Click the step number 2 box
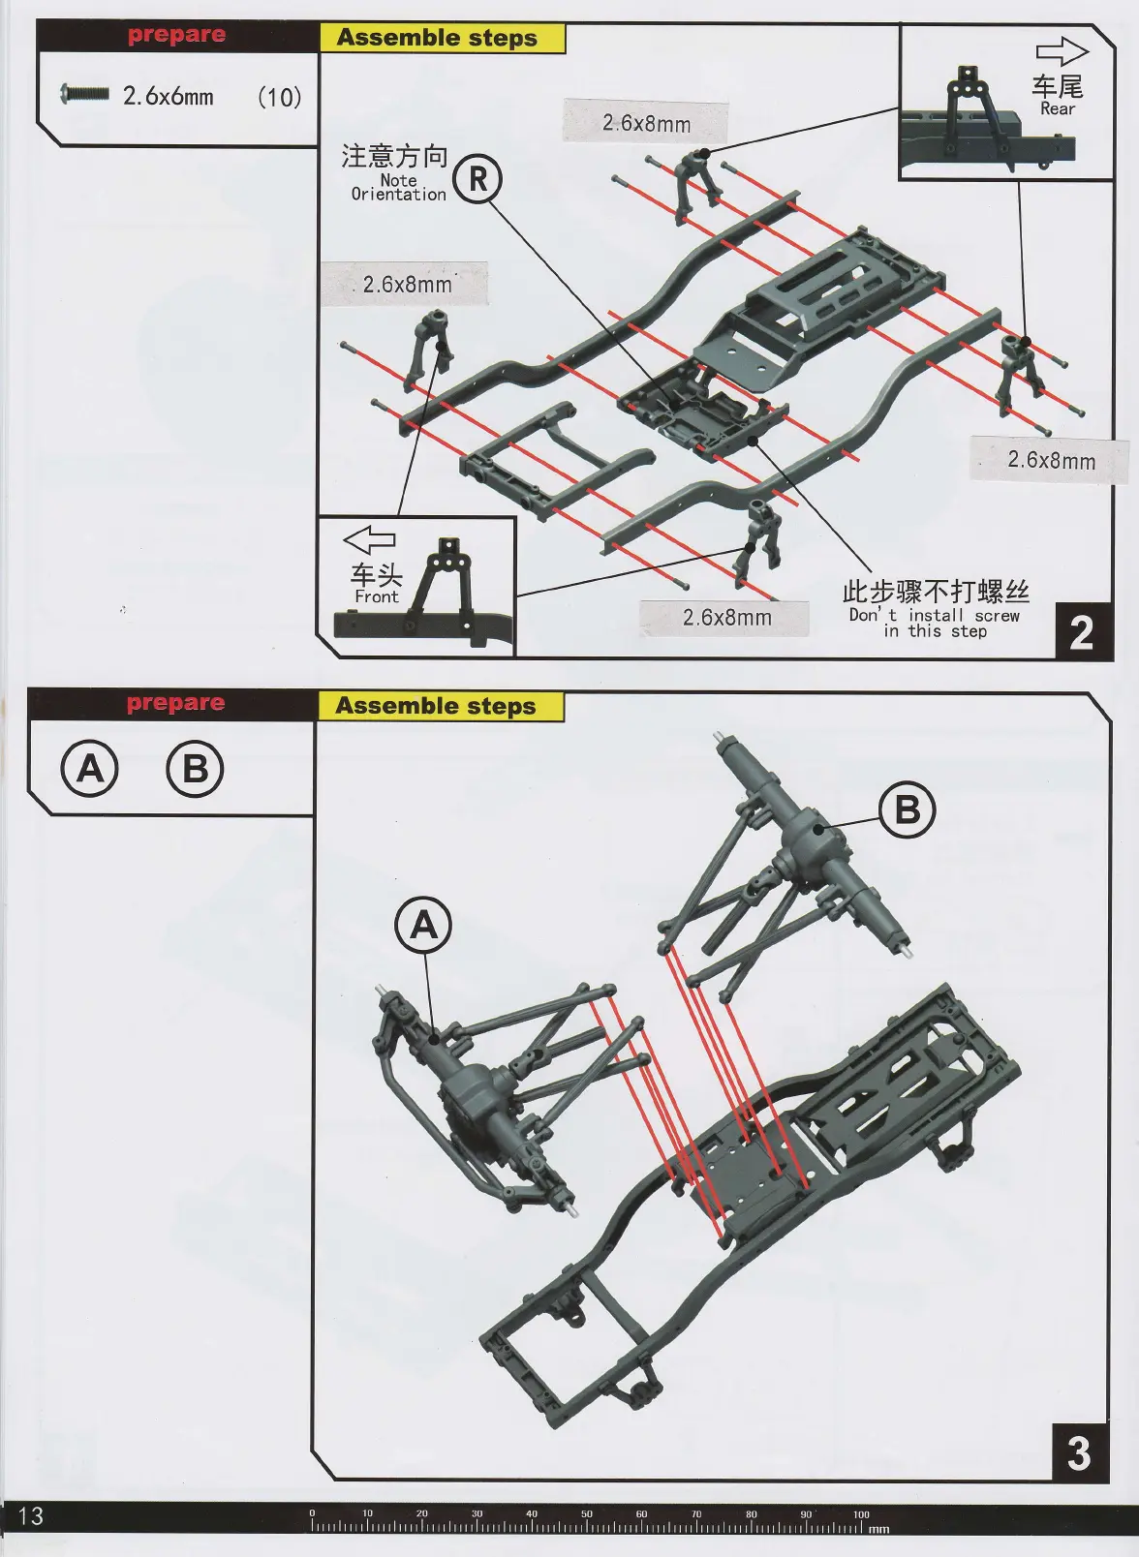[1081, 633]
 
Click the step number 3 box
[1079, 1452]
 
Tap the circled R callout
[477, 178]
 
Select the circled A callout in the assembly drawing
[424, 927]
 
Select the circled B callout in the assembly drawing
[908, 809]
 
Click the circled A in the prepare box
[90, 769]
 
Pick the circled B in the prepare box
[195, 769]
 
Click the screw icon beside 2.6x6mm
[84, 94]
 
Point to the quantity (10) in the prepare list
[279, 97]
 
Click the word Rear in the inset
[1058, 109]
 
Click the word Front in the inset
[376, 597]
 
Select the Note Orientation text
[398, 187]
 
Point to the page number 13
[31, 1515]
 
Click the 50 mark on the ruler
[587, 1514]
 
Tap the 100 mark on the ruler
[861, 1514]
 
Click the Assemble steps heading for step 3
[436, 706]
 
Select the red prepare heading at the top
[176, 35]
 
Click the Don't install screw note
[935, 623]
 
